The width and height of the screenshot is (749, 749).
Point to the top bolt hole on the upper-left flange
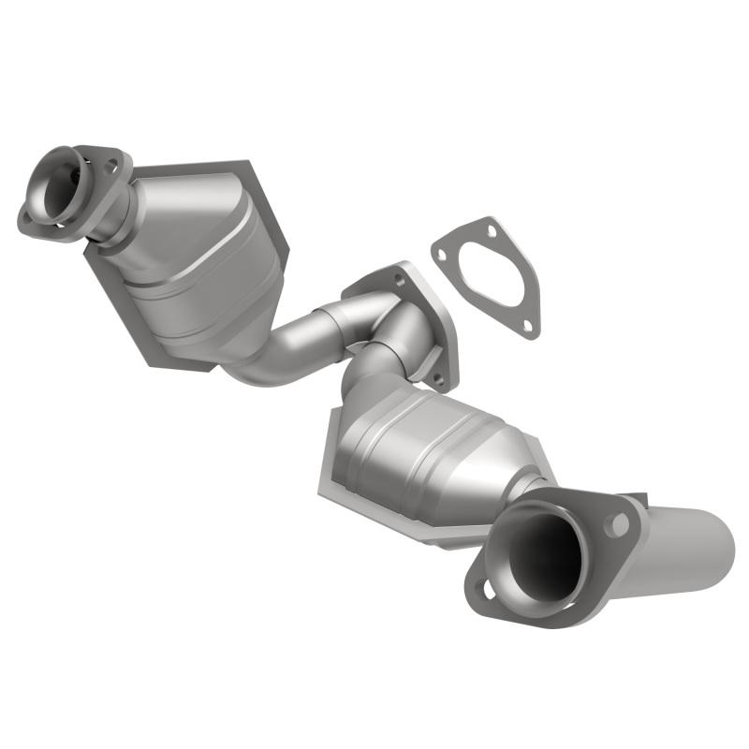coord(110,165)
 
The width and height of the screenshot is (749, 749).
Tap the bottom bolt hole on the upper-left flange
coord(28,219)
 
